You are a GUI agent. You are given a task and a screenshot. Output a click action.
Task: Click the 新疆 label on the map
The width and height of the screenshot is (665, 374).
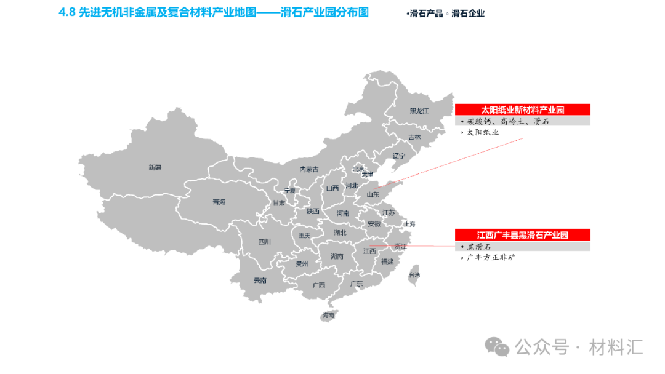click(x=155, y=167)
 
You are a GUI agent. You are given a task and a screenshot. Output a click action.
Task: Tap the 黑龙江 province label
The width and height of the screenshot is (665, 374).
click(x=419, y=111)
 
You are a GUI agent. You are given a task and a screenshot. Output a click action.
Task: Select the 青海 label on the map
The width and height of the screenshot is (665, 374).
click(x=219, y=202)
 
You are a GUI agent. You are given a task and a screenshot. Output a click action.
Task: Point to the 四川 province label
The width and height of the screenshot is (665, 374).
click(x=264, y=242)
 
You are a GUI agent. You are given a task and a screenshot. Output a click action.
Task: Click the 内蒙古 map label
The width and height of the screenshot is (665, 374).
click(x=309, y=169)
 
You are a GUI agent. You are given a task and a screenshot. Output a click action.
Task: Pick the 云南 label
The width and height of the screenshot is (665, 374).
click(x=260, y=280)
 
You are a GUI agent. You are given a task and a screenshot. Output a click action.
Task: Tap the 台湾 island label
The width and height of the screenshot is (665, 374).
click(x=415, y=275)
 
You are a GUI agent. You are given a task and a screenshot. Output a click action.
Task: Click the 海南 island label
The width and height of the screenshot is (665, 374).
click(x=328, y=316)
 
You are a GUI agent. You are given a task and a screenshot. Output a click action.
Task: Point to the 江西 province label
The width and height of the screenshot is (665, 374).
click(x=369, y=251)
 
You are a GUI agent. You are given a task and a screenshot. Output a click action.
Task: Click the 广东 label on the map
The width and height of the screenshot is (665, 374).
click(x=356, y=284)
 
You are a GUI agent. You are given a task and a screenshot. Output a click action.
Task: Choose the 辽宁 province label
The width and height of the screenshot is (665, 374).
click(x=399, y=156)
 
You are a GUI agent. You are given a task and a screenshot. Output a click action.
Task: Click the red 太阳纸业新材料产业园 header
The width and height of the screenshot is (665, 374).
click(x=522, y=110)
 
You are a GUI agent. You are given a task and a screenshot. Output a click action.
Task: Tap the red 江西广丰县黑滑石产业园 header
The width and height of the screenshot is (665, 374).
click(x=522, y=235)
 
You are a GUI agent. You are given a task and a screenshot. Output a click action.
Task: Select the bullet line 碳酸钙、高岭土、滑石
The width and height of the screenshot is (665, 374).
click(x=507, y=122)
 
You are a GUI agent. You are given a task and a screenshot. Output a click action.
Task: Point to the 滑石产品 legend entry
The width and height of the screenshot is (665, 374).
click(x=427, y=14)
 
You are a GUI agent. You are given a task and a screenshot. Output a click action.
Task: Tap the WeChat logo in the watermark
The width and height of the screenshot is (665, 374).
click(x=497, y=347)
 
